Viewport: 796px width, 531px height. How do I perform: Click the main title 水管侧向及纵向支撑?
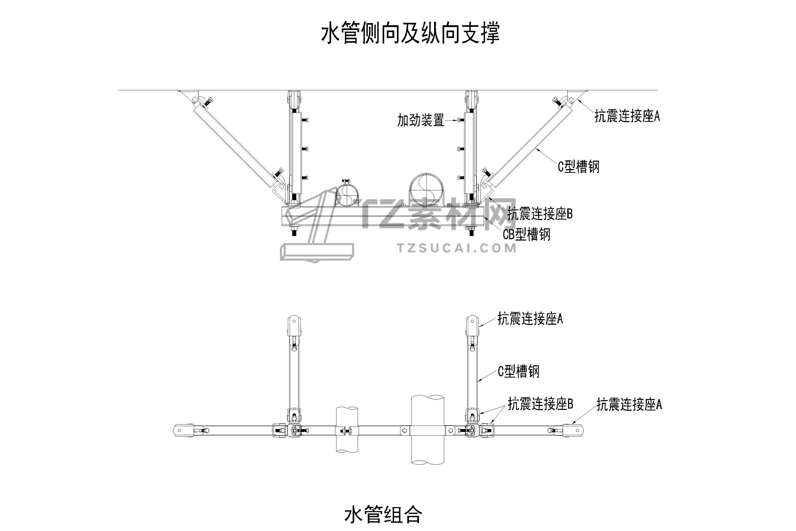[410, 33]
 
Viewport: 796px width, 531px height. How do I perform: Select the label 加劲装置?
[420, 120]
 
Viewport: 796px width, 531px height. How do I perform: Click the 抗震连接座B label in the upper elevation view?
[540, 214]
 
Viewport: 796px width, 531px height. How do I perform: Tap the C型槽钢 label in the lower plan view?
[518, 371]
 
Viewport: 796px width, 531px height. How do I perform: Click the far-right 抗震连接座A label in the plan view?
[629, 405]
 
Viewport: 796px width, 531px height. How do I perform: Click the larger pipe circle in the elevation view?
[426, 190]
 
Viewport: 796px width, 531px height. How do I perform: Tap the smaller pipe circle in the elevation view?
[347, 196]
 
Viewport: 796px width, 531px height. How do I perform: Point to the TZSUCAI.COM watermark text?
[457, 249]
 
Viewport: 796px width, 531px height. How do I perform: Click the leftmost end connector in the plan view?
[184, 430]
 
